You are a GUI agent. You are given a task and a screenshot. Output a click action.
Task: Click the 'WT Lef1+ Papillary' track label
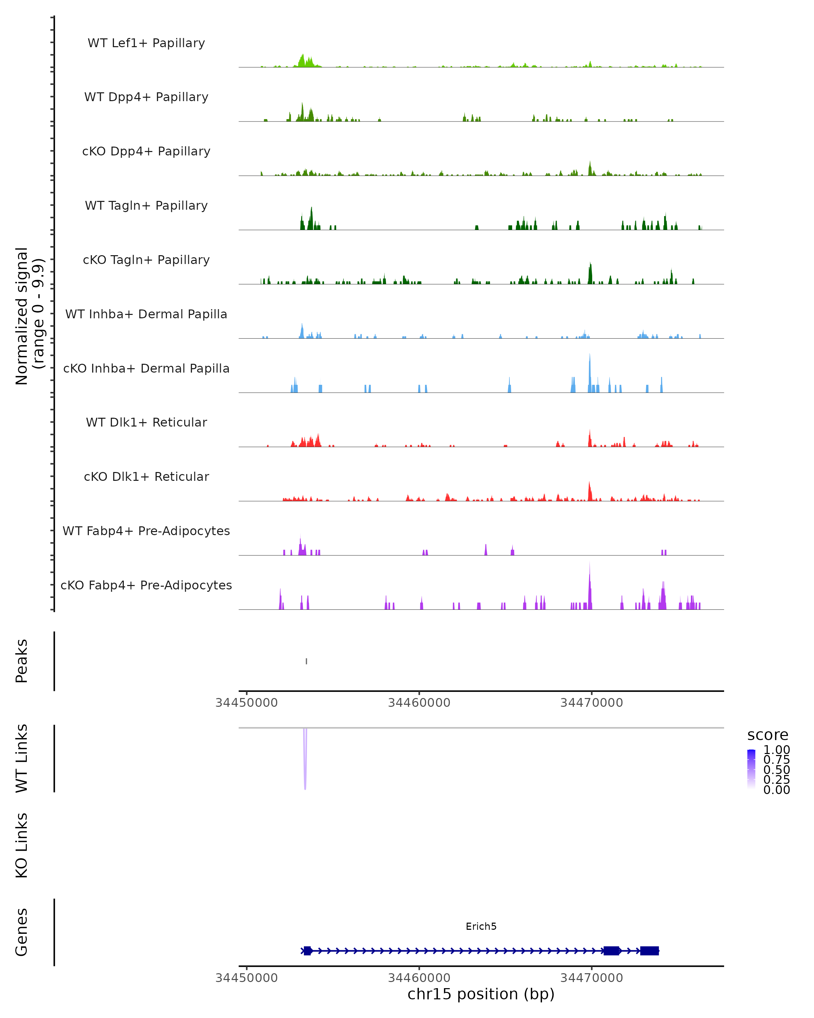pos(146,43)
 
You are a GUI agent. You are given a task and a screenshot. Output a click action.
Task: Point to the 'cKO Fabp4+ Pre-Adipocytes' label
pos(146,585)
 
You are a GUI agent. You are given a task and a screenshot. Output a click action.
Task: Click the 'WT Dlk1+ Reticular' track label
pos(146,422)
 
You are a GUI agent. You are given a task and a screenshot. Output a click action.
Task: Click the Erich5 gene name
pos(481,926)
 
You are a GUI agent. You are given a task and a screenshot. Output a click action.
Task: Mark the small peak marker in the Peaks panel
pos(307,661)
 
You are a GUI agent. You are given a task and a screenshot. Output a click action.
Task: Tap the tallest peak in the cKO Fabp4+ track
pos(589,585)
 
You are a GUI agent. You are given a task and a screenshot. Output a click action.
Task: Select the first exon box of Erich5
pos(308,951)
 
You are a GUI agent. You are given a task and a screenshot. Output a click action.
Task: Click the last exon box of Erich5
pos(649,951)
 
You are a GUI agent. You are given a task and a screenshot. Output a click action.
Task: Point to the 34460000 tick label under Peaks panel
pos(419,703)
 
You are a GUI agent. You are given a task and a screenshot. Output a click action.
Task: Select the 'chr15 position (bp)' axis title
pos(481,994)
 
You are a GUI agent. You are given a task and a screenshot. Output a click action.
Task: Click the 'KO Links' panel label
pos(22,845)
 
